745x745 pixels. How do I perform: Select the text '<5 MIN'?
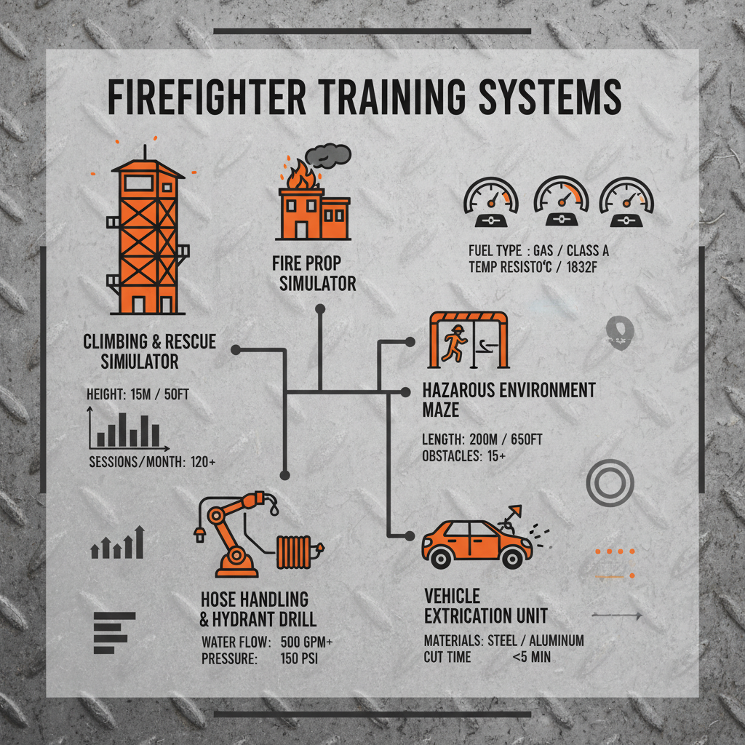[x=531, y=657]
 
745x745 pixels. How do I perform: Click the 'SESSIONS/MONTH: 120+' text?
[x=152, y=461]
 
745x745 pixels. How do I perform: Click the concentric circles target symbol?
[x=610, y=483]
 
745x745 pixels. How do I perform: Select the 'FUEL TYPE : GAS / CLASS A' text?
[x=539, y=251]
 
